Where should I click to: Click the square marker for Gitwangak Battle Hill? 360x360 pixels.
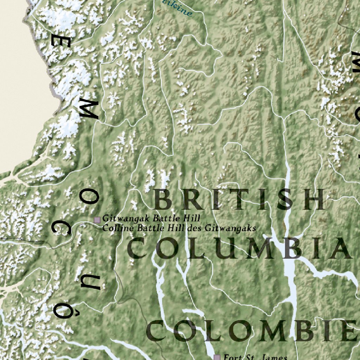coord(97,220)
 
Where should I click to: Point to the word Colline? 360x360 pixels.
coord(114,228)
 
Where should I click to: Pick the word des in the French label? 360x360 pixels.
coord(195,228)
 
